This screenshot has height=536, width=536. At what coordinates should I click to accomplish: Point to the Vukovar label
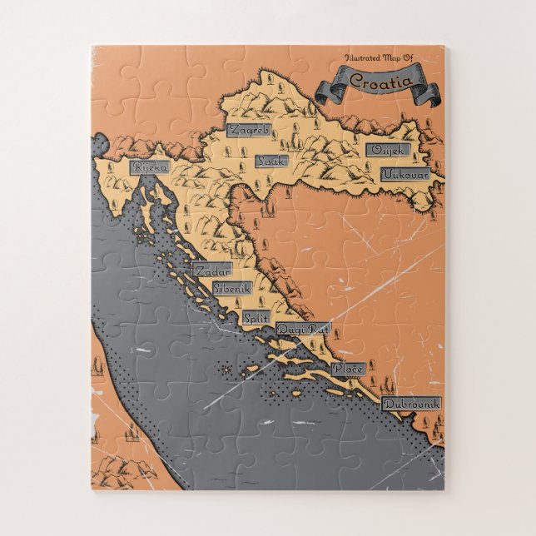[x=405, y=175]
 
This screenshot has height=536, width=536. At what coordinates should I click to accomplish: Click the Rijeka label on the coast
[x=150, y=166]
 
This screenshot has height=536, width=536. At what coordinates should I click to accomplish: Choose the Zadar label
[x=211, y=270]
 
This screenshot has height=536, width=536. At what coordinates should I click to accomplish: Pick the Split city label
[x=255, y=317]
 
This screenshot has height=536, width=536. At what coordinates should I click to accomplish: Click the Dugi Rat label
[x=304, y=330]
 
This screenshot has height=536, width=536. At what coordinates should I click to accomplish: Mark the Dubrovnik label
[x=412, y=404]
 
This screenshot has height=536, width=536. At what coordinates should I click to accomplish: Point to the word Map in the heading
[x=395, y=58]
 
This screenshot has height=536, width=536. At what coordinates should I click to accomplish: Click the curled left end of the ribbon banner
[x=328, y=88]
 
